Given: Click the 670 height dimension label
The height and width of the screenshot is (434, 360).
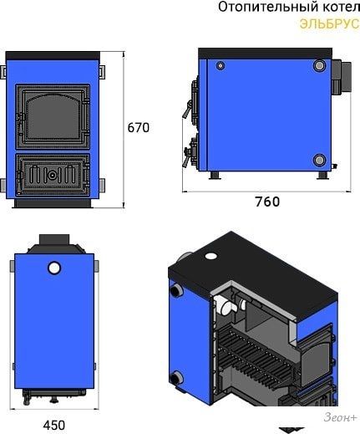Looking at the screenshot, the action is click(x=139, y=128).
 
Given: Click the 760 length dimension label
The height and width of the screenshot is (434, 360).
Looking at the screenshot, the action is click(x=267, y=202).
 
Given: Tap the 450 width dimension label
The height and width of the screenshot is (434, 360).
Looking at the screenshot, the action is click(x=54, y=426).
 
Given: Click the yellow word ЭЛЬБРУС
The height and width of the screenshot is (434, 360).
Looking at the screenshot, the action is click(x=330, y=23).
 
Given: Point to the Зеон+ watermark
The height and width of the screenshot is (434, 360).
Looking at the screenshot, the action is click(x=340, y=417).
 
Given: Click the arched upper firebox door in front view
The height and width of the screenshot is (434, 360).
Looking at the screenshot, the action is click(x=53, y=116).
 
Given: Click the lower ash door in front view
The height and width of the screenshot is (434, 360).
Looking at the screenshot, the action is click(x=53, y=175).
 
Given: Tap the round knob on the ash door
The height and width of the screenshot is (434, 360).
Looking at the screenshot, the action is click(x=52, y=175).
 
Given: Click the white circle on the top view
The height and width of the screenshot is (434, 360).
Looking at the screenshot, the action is click(x=54, y=268).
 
